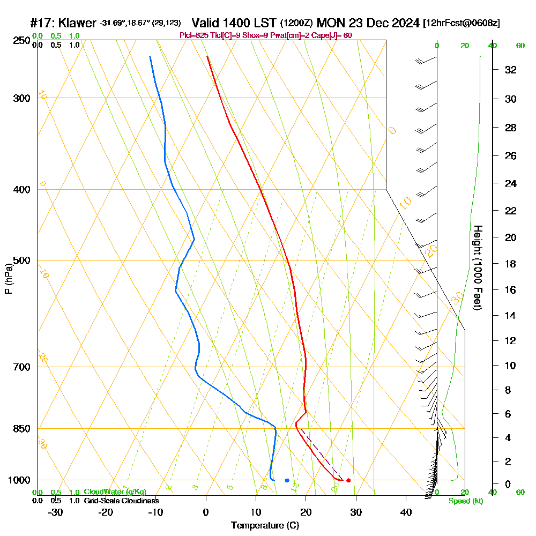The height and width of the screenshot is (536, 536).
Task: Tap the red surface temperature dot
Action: click(x=348, y=480)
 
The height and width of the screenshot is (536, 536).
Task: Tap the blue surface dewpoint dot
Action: click(x=287, y=480)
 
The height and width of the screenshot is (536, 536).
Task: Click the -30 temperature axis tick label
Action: click(x=56, y=512)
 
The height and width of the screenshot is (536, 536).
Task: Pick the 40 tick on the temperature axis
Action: click(x=406, y=512)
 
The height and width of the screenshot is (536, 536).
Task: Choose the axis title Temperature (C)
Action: click(x=265, y=526)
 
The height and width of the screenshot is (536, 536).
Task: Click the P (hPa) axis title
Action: click(x=8, y=279)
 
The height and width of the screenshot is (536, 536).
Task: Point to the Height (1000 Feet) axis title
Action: click(x=477, y=267)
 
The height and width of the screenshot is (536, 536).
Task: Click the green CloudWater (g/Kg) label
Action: click(x=115, y=492)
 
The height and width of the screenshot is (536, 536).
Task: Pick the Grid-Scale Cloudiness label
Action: click(x=121, y=501)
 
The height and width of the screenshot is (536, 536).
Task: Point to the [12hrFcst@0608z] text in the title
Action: click(x=461, y=24)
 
